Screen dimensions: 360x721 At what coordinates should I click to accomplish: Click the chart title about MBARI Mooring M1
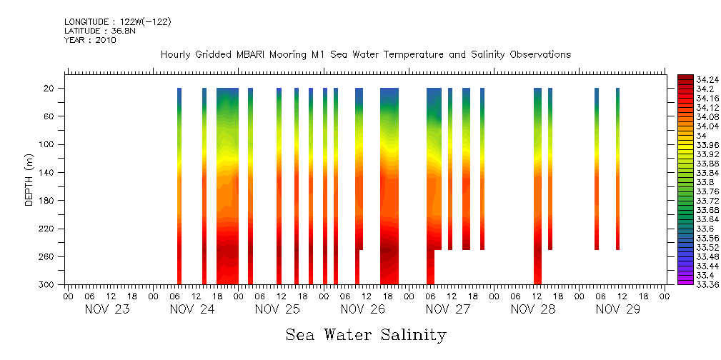pyautogui.click(x=365, y=55)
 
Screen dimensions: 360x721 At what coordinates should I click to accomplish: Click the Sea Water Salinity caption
pyautogui.click(x=366, y=334)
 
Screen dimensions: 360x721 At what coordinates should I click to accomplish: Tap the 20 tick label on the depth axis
pyautogui.click(x=49, y=89)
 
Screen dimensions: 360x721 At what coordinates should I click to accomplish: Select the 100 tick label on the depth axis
pyautogui.click(x=47, y=144)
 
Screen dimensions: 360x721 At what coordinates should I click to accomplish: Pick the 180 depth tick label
pyautogui.click(x=47, y=201)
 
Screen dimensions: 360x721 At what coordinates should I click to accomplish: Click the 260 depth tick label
pyautogui.click(x=47, y=256)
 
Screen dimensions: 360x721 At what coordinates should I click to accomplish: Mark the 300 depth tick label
pyautogui.click(x=47, y=284)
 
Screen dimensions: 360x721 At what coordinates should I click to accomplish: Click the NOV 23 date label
pyautogui.click(x=107, y=309)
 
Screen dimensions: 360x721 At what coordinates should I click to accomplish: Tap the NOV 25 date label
pyautogui.click(x=278, y=309)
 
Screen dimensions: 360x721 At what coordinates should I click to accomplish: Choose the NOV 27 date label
pyautogui.click(x=448, y=309)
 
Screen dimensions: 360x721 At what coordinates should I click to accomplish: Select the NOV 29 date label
pyautogui.click(x=619, y=309)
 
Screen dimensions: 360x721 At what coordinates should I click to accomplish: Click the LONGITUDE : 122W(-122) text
pyautogui.click(x=117, y=22)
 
